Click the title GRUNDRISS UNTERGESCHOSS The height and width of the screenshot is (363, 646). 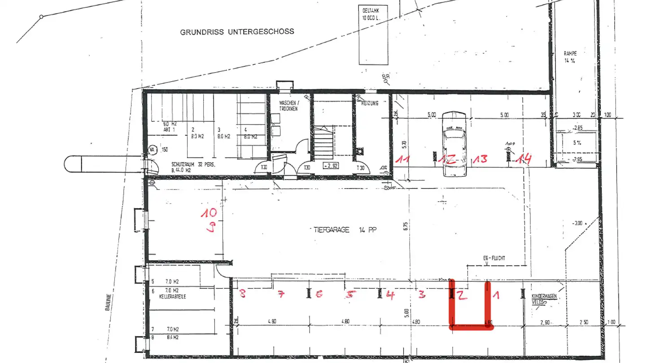tap(237, 32)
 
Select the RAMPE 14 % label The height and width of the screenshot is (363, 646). tap(570, 56)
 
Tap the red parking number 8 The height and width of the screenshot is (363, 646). tap(243, 294)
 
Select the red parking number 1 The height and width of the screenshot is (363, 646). tap(496, 295)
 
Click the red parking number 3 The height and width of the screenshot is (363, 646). tap(422, 294)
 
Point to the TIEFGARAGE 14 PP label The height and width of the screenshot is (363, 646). tap(342, 229)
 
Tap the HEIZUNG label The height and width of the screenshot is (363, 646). tap(370, 103)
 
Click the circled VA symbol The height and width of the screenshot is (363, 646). tap(152, 150)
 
